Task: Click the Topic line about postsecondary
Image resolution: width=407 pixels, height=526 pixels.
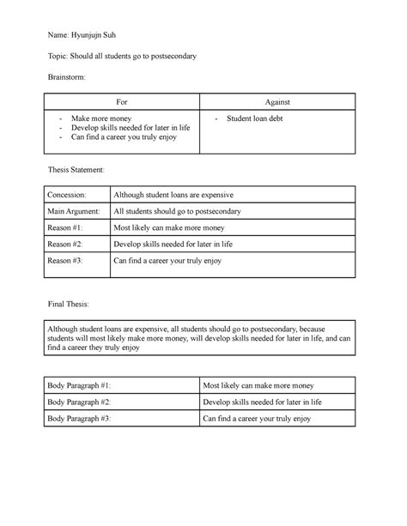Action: click(124, 56)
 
